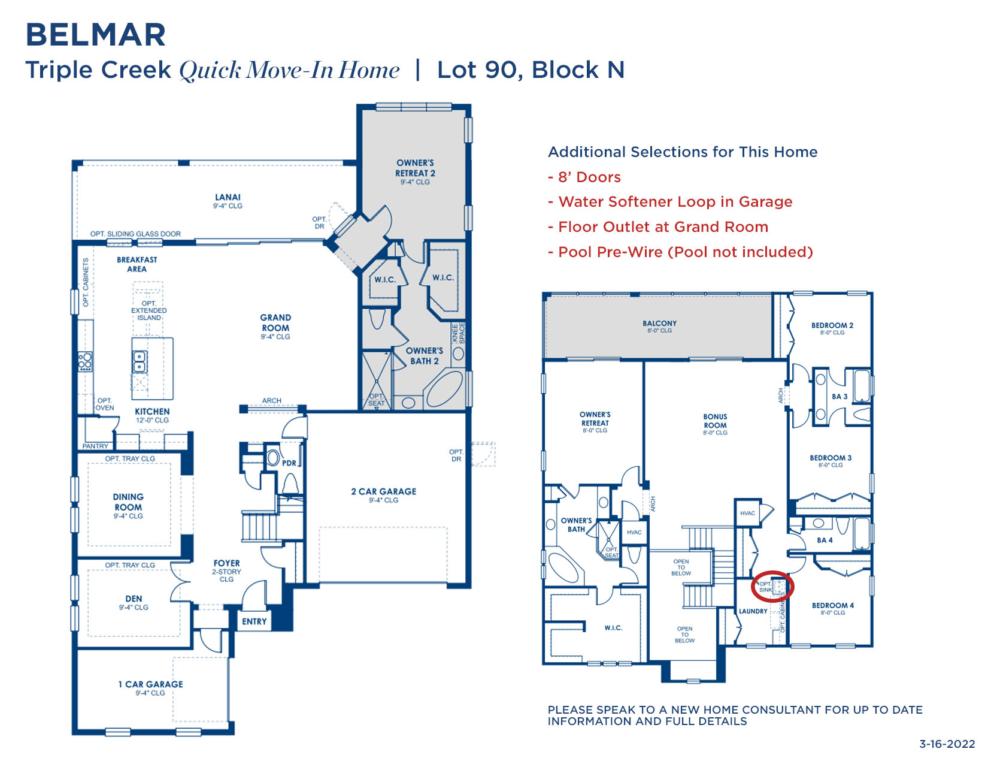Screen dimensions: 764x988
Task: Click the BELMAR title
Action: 96,35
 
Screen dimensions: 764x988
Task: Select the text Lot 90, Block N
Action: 531,70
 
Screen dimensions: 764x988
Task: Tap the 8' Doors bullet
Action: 584,177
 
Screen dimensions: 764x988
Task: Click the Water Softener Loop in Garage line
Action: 671,202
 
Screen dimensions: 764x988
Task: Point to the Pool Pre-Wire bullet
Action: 681,252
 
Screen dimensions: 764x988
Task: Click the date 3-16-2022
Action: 947,744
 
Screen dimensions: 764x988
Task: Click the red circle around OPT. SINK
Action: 772,586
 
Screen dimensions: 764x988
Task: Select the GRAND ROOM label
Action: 275,324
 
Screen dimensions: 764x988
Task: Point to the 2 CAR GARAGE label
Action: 383,492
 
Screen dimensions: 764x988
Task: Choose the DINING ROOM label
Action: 128,502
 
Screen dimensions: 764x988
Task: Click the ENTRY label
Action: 254,621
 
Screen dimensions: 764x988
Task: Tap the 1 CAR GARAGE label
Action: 150,684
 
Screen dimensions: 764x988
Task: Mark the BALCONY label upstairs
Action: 659,324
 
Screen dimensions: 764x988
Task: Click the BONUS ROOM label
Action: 715,421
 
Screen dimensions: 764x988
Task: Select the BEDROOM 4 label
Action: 833,606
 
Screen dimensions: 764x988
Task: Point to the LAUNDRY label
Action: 753,611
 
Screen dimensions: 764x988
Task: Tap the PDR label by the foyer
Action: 289,463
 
